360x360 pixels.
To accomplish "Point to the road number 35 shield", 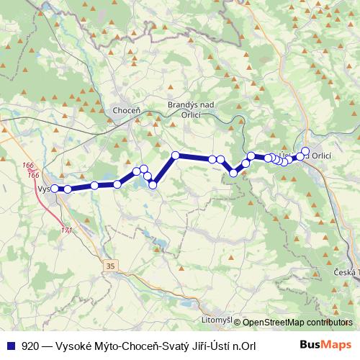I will point(109,266).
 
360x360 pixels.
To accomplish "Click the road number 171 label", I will point(66,230).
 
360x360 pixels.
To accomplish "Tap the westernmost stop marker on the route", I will point(55,189).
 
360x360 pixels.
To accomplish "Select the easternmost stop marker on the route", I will point(305,151).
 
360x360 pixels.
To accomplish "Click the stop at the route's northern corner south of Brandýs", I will point(175,156).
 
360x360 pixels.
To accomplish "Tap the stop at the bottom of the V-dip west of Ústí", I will point(234,173).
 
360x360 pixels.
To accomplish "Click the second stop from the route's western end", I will point(68,189).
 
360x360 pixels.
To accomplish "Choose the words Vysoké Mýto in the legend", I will point(87,345).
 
